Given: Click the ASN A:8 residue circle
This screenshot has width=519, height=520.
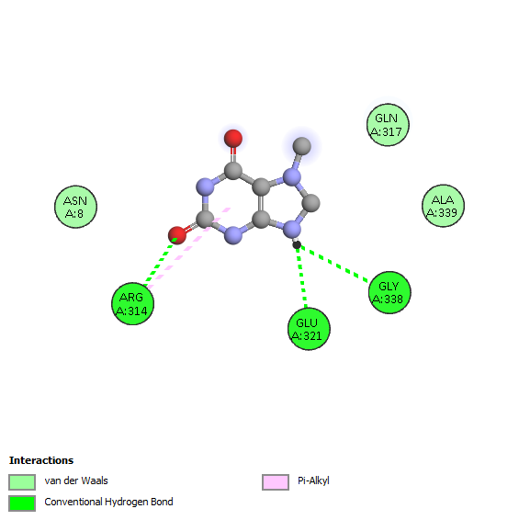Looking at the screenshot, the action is pos(75,207).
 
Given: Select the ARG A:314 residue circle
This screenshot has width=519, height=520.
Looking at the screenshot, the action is pos(132,304).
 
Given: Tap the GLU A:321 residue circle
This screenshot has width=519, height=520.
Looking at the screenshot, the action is pos(309,329).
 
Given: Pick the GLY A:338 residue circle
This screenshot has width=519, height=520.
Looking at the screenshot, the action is pos(389,292).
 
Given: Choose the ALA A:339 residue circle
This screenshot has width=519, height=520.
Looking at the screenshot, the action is pos(443,206).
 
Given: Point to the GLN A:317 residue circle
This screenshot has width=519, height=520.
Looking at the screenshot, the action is pos(388,125).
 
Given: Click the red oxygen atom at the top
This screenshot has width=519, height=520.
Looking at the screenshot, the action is pos(233,139).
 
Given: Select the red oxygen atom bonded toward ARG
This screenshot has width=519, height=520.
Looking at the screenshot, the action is pos(177,235).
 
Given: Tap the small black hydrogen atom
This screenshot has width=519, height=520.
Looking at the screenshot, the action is pos(297,244).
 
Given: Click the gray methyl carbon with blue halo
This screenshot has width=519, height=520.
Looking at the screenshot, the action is pos(302,146).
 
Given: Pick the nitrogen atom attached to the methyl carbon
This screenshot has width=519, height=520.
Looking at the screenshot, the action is pos(292,177).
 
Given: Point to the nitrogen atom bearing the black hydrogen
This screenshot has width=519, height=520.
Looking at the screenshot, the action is pos(292,229).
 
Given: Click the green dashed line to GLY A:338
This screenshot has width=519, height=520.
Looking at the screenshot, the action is pos(333,264).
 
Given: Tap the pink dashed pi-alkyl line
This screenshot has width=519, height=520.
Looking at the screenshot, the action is pos(188,248).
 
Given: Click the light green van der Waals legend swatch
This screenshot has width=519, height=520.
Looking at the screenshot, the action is pos(22,482).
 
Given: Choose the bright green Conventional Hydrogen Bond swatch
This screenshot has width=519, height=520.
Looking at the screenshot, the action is pos(22,503).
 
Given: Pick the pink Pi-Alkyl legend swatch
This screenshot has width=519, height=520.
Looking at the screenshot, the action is pos(276,482).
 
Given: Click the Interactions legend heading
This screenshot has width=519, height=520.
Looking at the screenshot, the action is pos(41,460).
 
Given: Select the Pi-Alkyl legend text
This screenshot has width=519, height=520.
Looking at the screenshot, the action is pos(313,480).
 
